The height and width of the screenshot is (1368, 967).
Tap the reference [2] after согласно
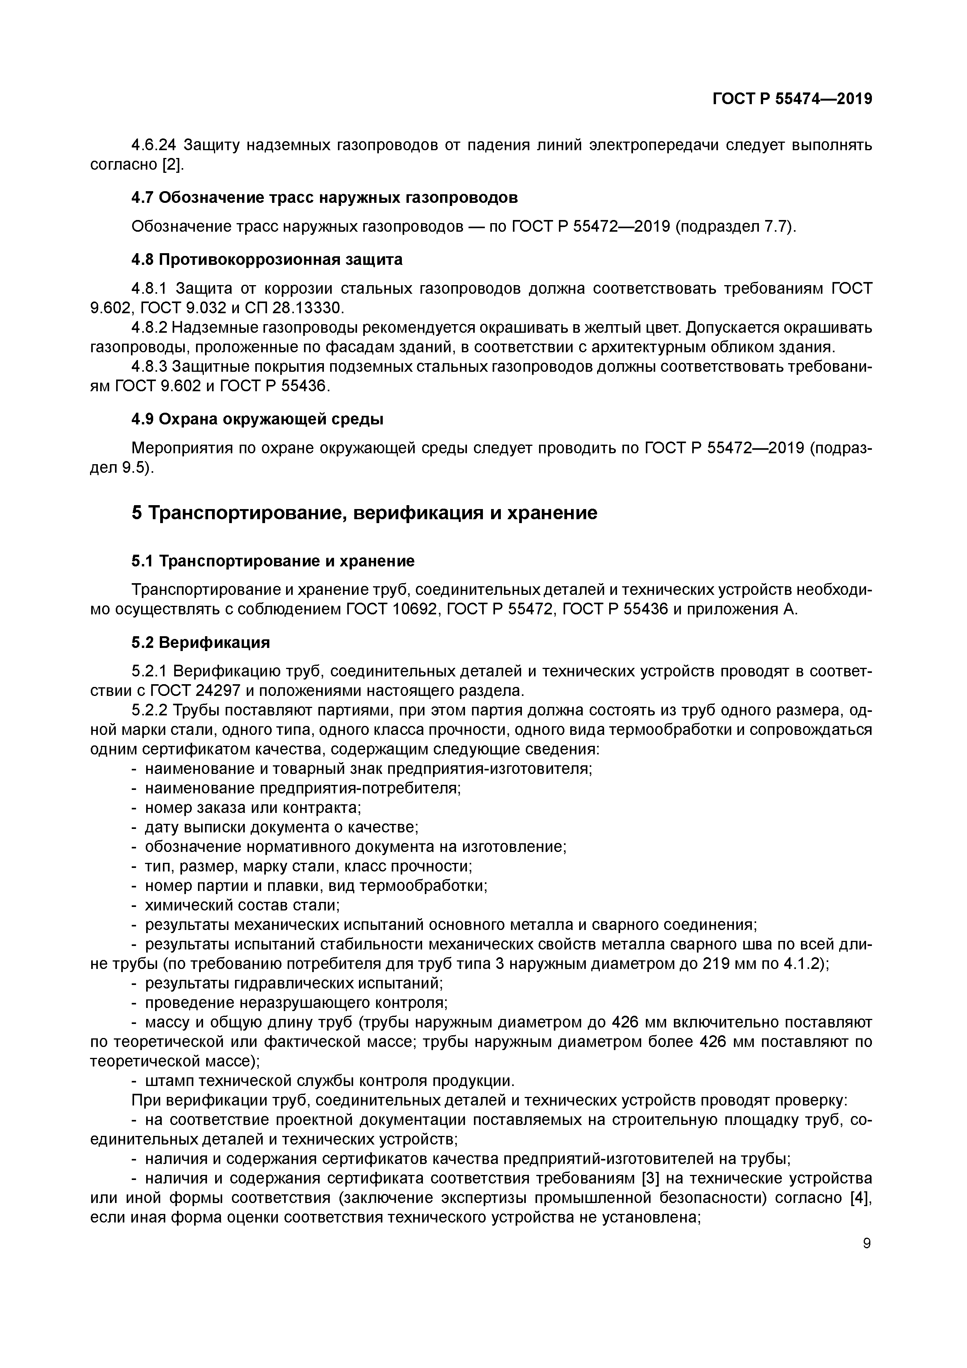(x=172, y=165)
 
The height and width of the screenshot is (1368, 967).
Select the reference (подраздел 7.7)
(x=735, y=227)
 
